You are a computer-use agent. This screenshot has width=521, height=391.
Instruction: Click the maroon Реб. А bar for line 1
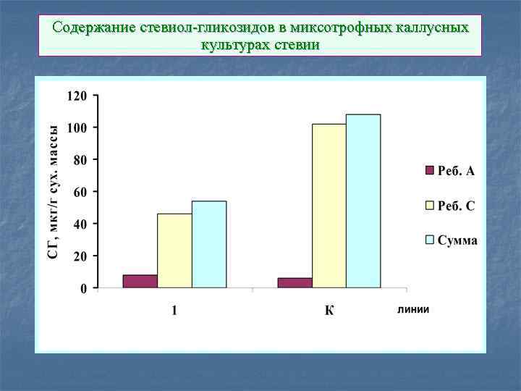click(x=140, y=281)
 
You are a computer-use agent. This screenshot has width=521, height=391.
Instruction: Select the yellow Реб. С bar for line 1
click(x=174, y=251)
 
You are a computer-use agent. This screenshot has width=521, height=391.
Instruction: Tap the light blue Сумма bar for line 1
click(x=209, y=244)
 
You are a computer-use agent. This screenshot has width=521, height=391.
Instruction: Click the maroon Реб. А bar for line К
click(x=295, y=282)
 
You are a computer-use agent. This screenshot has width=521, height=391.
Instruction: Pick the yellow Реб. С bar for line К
click(x=329, y=206)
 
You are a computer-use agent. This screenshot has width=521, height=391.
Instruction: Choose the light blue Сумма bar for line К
click(x=363, y=201)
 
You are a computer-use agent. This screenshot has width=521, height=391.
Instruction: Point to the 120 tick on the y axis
click(x=77, y=96)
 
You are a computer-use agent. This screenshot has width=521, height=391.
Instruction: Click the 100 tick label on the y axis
click(x=77, y=127)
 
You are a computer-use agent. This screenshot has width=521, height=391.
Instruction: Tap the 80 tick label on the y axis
click(x=80, y=159)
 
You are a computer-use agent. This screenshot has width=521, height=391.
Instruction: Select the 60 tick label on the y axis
click(x=80, y=192)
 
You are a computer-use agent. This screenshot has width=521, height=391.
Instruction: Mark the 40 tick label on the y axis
click(x=80, y=224)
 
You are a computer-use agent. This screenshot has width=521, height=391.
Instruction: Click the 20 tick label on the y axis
click(x=80, y=256)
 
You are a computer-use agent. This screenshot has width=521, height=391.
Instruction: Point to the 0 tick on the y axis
click(x=83, y=288)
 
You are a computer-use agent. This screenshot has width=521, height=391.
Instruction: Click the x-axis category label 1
click(x=174, y=311)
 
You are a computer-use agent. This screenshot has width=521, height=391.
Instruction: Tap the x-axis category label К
click(x=329, y=311)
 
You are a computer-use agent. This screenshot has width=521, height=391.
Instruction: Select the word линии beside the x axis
click(x=413, y=309)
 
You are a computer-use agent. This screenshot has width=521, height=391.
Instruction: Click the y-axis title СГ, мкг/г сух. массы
click(x=54, y=192)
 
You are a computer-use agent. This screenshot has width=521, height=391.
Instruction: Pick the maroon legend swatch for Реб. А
click(x=428, y=171)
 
